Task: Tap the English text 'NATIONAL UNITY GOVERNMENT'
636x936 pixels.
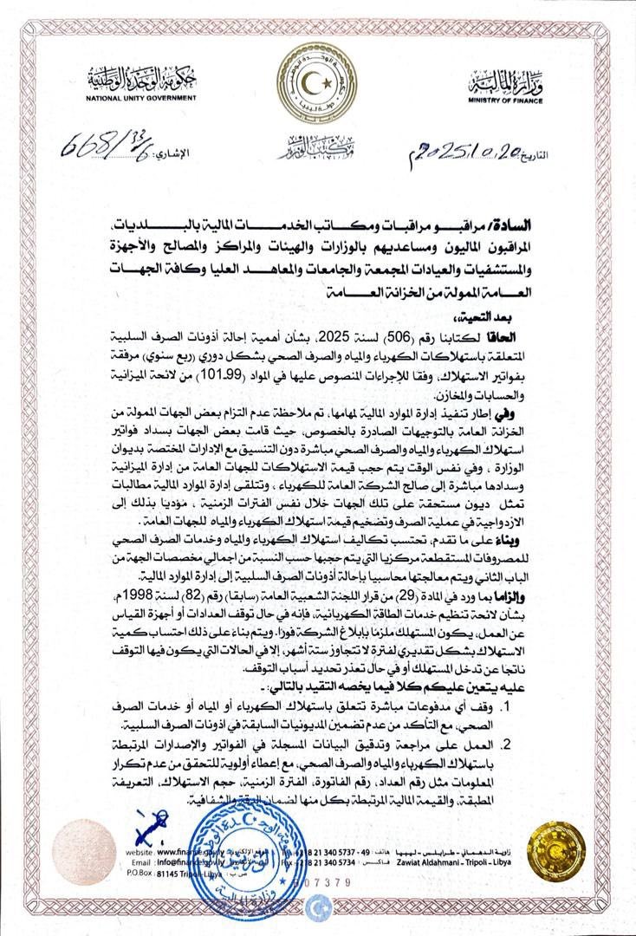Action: pos(142,98)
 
